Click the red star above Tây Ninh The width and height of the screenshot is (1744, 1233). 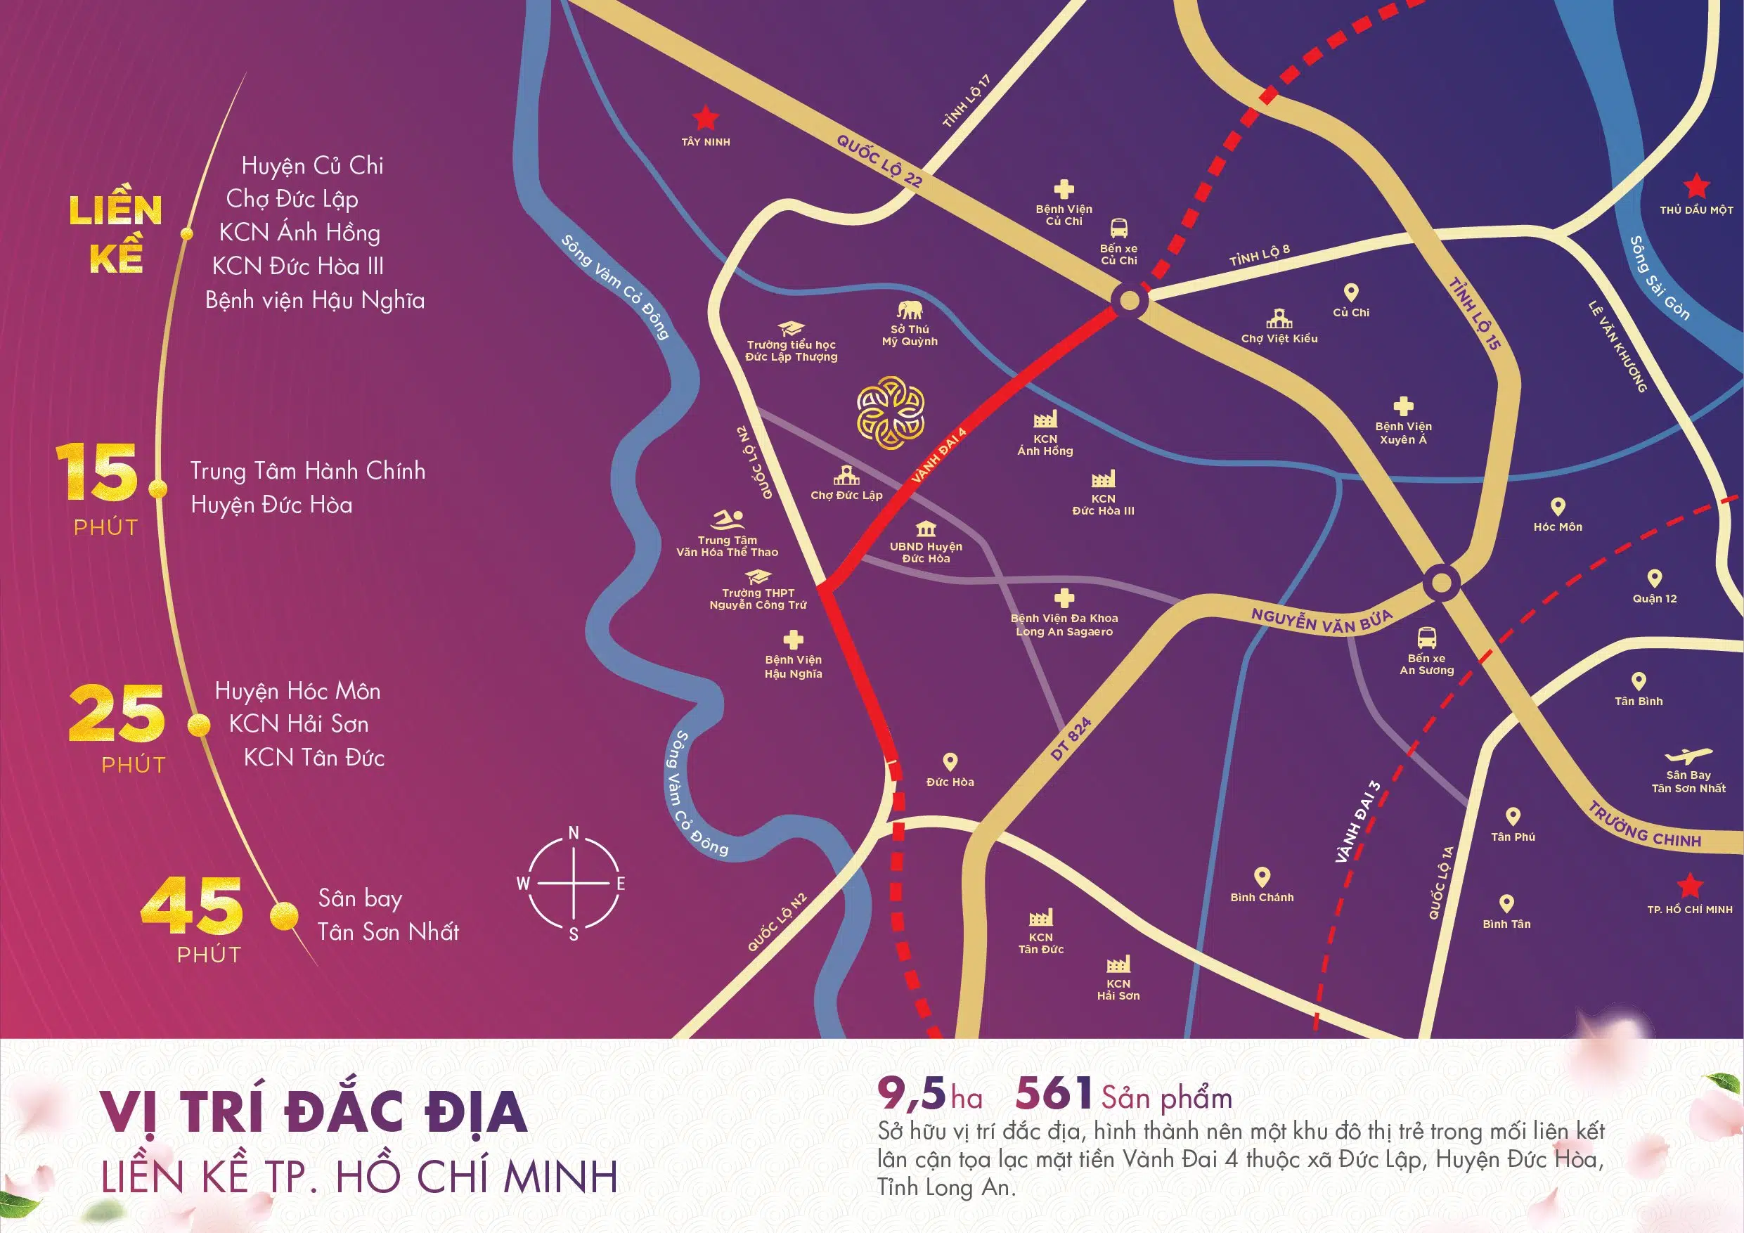(706, 119)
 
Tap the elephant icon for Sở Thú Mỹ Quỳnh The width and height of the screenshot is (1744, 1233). (909, 309)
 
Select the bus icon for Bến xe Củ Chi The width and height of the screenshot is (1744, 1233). (1119, 228)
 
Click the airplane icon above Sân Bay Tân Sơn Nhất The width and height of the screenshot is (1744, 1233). (1688, 756)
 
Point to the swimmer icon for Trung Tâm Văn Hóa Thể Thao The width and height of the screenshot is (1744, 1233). (728, 520)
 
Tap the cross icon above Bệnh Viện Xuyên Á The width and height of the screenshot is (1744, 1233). (1403, 406)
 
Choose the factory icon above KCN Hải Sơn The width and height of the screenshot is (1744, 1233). (1118, 964)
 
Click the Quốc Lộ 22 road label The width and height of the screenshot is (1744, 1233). (879, 160)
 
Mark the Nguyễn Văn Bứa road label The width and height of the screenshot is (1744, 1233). (1322, 621)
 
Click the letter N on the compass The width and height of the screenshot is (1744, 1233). (574, 834)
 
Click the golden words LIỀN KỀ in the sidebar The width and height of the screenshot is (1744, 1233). (116, 233)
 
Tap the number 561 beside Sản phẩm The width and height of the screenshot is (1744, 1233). (1054, 1094)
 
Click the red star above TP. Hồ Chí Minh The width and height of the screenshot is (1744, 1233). (1689, 886)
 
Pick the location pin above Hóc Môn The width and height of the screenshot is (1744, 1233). (1558, 507)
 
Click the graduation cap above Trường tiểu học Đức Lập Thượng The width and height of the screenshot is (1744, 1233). (791, 329)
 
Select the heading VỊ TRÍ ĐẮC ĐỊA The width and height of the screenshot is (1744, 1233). (314, 1113)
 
